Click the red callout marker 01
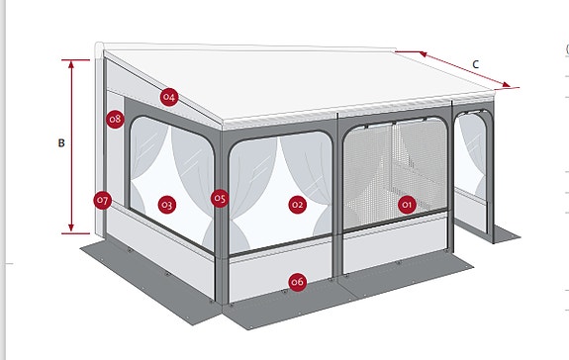coord(407,205)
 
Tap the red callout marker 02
coord(297,205)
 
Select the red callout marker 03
coord(167,205)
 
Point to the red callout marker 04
coord(169,97)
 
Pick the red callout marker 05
coord(220,199)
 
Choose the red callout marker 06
coord(297,282)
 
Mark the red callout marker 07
coord(102,201)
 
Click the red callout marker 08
coord(116,119)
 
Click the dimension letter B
coord(61,143)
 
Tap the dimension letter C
coord(476,64)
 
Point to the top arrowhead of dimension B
coord(71,64)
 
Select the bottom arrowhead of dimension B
coord(71,227)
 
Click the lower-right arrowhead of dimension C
coord(506,86)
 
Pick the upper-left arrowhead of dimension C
coord(424,54)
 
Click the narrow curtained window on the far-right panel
coord(471,155)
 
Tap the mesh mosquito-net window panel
coord(395,174)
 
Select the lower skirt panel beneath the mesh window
coord(395,243)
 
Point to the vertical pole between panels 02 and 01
coord(337,196)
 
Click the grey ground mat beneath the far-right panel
coord(506,233)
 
